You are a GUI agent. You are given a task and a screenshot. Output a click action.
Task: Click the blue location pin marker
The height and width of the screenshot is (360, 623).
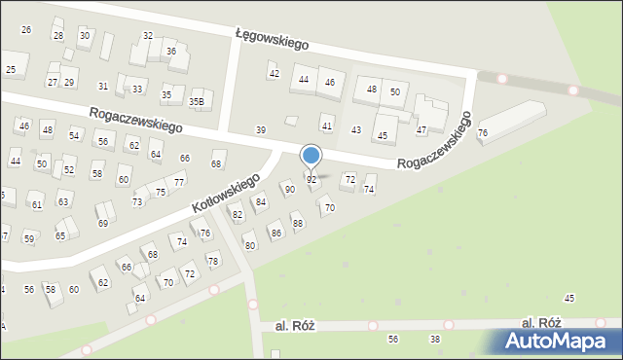tap(311, 156)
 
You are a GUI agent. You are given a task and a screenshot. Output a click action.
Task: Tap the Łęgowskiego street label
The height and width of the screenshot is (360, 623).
tap(272, 38)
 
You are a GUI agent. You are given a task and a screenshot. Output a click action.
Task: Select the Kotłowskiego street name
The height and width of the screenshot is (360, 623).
tap(225, 193)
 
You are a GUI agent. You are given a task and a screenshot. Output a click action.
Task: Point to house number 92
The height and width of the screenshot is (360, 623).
tap(311, 180)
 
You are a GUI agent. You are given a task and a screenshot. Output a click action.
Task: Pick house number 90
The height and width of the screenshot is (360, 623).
tap(289, 189)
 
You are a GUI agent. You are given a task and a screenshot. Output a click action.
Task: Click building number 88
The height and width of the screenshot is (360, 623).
tap(298, 224)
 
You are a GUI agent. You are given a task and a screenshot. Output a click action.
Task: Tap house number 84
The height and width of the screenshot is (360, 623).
tap(260, 202)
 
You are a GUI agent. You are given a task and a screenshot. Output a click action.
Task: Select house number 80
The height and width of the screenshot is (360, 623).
tap(250, 245)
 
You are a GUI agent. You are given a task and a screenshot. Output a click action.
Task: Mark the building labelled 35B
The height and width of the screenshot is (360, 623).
tap(197, 101)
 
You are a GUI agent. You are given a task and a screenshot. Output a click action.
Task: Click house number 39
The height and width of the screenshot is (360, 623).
tap(260, 130)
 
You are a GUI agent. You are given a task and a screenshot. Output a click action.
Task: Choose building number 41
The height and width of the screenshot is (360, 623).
tap(327, 126)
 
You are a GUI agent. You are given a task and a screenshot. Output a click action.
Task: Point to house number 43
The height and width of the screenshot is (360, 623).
tap(356, 130)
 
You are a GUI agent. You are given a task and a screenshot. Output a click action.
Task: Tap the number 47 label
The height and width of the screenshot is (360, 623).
tap(421, 129)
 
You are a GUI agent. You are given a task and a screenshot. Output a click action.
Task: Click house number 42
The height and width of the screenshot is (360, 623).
tap(275, 74)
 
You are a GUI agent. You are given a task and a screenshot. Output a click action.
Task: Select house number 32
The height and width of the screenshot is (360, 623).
tap(148, 35)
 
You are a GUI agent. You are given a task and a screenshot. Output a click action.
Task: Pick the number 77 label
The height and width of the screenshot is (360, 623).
tap(178, 182)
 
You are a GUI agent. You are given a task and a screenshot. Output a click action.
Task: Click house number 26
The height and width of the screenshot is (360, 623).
tap(26, 30)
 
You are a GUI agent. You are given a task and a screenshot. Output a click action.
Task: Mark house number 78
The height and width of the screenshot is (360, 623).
tap(212, 261)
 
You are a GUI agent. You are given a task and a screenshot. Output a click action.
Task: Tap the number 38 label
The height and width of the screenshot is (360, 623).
tap(435, 339)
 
